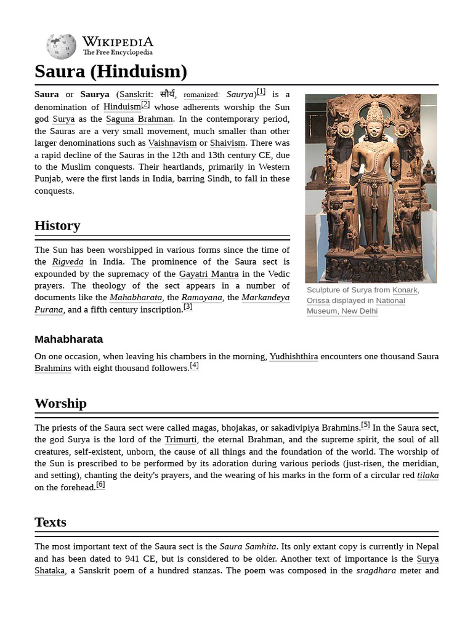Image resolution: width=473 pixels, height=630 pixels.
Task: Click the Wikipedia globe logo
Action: click(61, 46)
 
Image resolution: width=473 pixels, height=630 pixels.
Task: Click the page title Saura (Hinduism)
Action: click(111, 72)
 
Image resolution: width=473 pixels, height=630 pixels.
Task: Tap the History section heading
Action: click(57, 226)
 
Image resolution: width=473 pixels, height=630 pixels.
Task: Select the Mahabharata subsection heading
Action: click(68, 339)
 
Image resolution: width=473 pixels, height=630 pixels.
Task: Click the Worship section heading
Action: click(60, 404)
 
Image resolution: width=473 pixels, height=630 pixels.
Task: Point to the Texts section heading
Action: click(51, 522)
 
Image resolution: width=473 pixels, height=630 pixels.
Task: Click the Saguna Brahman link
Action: click(139, 119)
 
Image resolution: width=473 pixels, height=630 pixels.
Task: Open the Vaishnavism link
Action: click(172, 143)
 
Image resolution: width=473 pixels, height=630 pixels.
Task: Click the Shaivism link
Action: click(227, 143)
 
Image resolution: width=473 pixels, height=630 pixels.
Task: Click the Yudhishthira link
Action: click(293, 356)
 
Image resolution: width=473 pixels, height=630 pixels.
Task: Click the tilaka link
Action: click(427, 475)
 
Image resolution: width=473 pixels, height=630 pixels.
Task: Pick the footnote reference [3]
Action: click(188, 307)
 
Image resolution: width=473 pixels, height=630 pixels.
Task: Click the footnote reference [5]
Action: click(365, 425)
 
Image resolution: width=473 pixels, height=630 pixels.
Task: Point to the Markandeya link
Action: click(265, 298)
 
